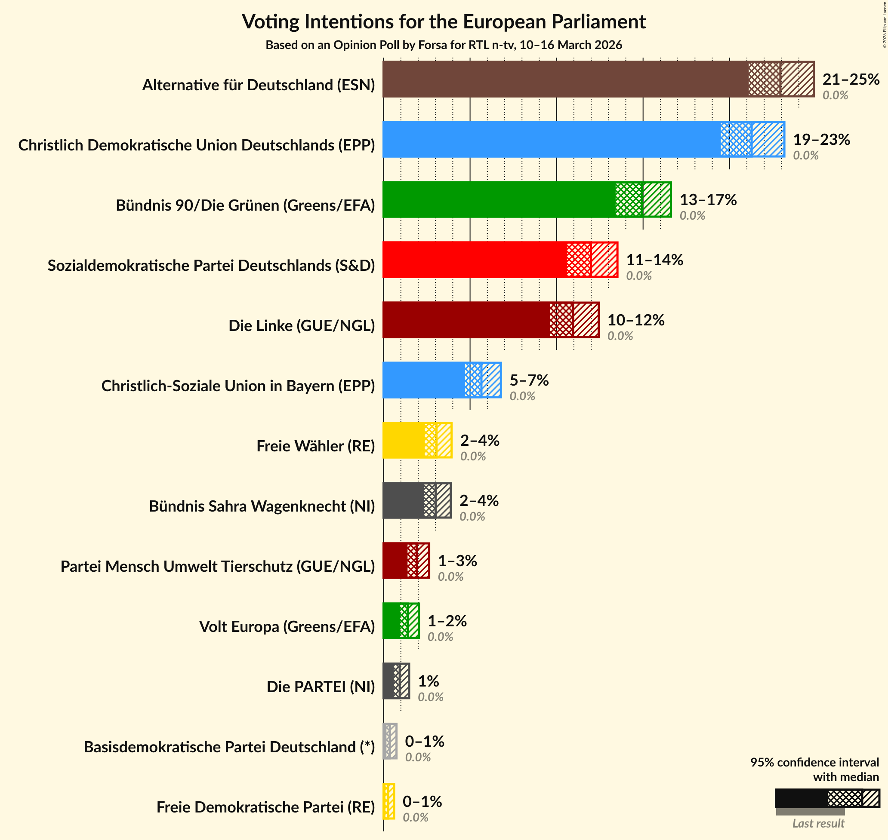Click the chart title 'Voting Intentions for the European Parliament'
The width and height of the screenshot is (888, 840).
444,21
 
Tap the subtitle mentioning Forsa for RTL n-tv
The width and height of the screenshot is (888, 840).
444,45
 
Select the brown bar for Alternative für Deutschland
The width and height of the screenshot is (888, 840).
564,79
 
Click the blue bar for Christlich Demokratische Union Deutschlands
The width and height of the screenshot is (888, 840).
551,139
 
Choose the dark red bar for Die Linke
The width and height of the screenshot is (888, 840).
466,320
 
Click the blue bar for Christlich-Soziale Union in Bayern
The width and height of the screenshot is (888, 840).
423,380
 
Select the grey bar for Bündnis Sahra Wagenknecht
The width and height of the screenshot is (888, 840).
403,500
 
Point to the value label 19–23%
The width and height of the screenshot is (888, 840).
821,139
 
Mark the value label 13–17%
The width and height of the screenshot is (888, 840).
708,200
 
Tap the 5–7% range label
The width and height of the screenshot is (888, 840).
529,380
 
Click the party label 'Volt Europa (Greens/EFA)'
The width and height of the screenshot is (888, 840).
287,626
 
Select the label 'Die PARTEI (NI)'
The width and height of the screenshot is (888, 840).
321,687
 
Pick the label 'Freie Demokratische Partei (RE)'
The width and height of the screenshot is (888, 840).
265,807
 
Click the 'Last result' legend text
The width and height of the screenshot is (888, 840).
818,823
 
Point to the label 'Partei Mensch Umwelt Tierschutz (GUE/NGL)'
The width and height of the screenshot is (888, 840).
217,567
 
